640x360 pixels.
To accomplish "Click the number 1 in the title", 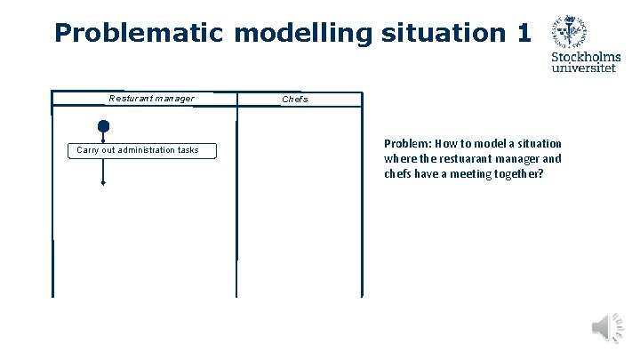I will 522,33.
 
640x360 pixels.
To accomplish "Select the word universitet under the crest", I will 584,68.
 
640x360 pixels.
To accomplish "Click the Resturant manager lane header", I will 151,99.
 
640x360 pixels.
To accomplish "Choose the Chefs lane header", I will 295,100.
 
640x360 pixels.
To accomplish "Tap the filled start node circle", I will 104,126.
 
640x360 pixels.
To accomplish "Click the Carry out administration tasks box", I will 138,150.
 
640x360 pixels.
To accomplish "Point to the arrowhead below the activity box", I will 104,182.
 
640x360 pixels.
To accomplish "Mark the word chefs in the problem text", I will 397,173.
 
